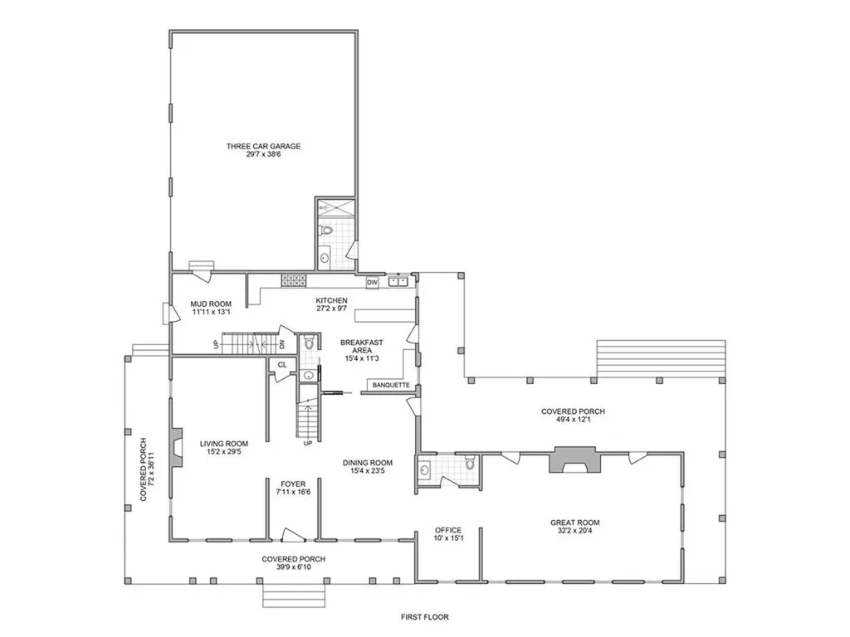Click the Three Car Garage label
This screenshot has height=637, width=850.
(x=263, y=146)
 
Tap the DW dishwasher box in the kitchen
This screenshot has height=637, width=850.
(x=372, y=283)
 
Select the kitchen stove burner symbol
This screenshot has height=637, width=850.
(x=293, y=280)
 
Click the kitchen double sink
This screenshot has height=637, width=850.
(x=398, y=281)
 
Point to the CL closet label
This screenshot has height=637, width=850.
(x=282, y=365)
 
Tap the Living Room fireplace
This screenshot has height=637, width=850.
(x=176, y=446)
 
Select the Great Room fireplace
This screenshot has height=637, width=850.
(x=574, y=460)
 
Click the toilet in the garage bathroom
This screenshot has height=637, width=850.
(x=325, y=231)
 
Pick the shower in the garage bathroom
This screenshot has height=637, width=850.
(x=336, y=206)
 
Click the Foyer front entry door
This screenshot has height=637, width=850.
(x=293, y=535)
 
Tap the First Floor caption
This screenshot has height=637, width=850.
(x=425, y=616)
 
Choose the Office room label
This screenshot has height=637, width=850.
(x=448, y=530)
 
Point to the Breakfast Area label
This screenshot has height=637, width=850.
(x=362, y=346)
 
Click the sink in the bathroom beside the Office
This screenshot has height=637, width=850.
(x=424, y=469)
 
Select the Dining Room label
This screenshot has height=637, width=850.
(x=368, y=463)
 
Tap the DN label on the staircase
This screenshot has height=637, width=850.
(x=282, y=343)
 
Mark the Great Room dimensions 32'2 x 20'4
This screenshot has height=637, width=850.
(x=574, y=531)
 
